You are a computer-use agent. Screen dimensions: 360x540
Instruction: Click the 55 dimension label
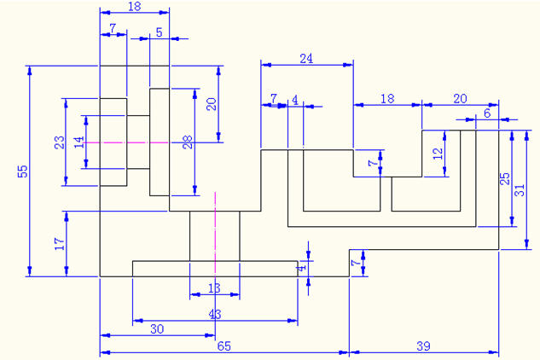23,171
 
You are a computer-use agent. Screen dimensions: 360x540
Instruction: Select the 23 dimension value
59,142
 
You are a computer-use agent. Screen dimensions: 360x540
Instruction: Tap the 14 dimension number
78,142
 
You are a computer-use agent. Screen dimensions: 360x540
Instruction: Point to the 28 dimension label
187,142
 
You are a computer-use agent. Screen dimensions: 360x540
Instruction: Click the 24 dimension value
306,58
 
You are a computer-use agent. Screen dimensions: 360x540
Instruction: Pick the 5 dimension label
159,32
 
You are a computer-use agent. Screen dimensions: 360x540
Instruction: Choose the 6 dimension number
487,113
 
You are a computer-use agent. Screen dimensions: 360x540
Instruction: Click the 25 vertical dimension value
505,178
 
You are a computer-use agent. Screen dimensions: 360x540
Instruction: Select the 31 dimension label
520,193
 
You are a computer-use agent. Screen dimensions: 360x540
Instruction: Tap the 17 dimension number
58,244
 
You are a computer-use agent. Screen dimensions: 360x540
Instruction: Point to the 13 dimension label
214,288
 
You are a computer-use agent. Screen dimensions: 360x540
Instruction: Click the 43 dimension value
214,314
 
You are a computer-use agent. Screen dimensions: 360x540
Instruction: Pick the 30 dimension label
157,328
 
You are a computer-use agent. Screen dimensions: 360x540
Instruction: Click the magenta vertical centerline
215,239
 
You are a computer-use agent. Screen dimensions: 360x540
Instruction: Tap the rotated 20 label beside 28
212,104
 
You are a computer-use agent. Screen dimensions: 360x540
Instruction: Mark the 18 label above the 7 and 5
134,6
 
